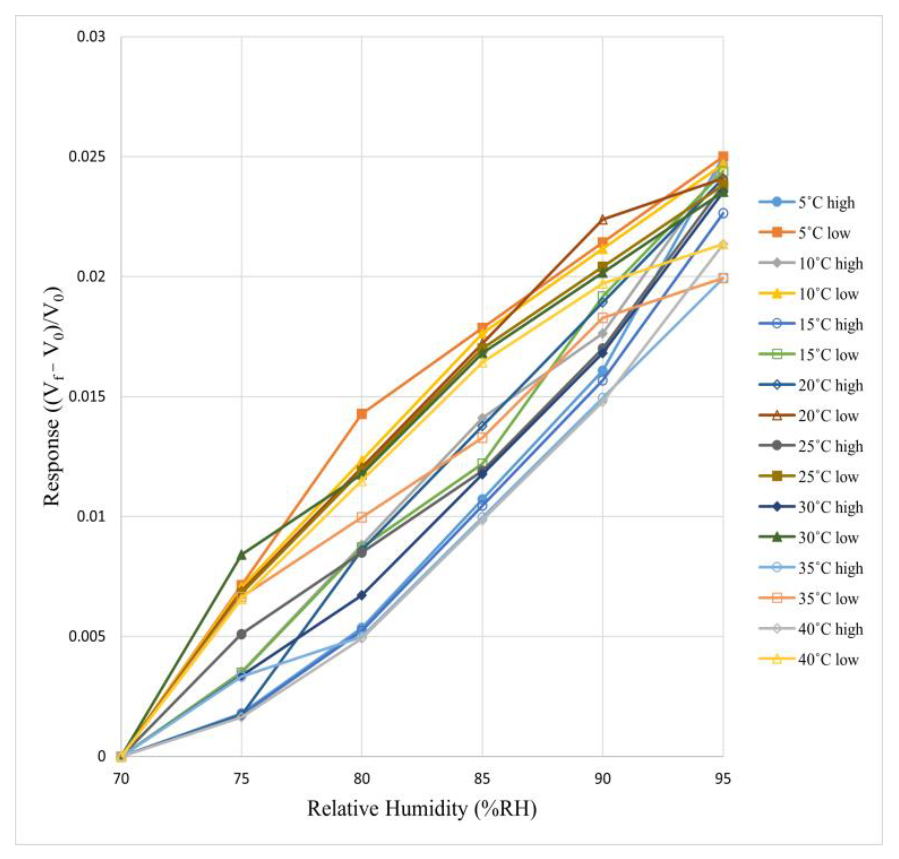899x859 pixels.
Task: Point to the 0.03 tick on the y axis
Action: point(91,37)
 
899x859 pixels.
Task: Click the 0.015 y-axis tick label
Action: point(87,396)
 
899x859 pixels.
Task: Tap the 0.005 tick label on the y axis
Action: point(87,636)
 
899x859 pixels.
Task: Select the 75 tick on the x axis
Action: point(242,779)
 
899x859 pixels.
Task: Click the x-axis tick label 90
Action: point(602,779)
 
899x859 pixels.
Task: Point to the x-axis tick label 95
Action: point(723,779)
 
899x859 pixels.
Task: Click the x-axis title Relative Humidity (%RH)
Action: point(422,809)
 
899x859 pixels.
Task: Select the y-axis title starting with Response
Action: point(53,397)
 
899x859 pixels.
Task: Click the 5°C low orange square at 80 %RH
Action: point(362,414)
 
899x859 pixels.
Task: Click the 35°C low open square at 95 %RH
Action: point(723,278)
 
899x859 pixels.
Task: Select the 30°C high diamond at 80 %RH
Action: point(362,595)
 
